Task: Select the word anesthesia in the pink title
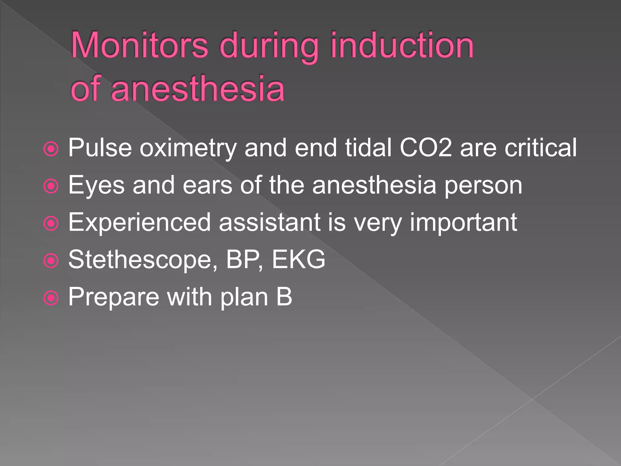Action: pos(198,89)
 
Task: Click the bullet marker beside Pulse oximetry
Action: pos(51,149)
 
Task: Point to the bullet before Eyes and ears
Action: pos(51,186)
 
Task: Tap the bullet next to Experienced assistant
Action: pos(51,224)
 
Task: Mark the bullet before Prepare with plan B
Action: pos(51,298)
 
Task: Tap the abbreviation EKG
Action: pos(298,260)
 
